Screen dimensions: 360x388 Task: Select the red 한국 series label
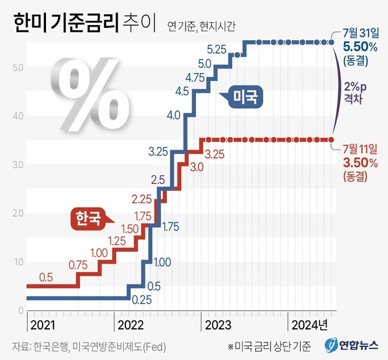pyautogui.click(x=87, y=218)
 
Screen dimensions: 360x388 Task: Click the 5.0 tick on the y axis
pyautogui.click(x=18, y=67)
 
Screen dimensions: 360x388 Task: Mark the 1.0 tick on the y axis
pyautogui.click(x=18, y=262)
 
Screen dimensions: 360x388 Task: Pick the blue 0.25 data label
pyautogui.click(x=141, y=300)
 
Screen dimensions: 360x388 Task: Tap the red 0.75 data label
pyautogui.click(x=78, y=264)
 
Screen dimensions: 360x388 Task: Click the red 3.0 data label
pyautogui.click(x=197, y=167)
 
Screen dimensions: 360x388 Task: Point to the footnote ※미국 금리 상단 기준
pyautogui.click(x=270, y=344)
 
